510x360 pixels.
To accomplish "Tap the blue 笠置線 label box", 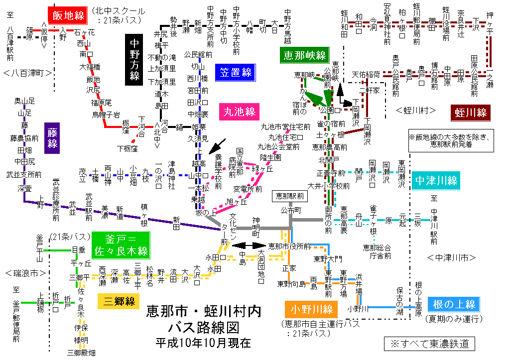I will point(235,73).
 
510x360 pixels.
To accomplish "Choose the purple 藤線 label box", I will point(52,137).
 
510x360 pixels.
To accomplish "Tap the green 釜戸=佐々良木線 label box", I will point(119,244).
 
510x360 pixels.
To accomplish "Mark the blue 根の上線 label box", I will point(454,304).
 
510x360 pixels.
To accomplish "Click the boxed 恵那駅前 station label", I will point(289,196).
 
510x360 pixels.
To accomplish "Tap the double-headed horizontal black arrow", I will point(250,245).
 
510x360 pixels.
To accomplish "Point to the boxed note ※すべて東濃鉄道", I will point(429,344).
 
